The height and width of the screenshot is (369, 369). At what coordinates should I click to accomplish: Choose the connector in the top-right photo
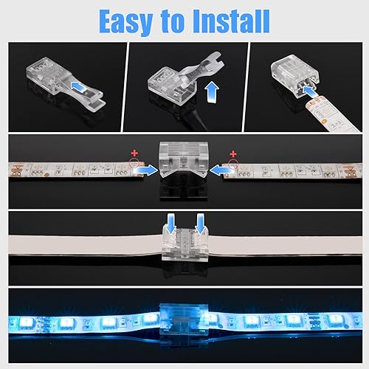pyautogui.click(x=302, y=72)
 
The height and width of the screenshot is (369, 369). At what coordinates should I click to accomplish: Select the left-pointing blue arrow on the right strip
pyautogui.click(x=221, y=169)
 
